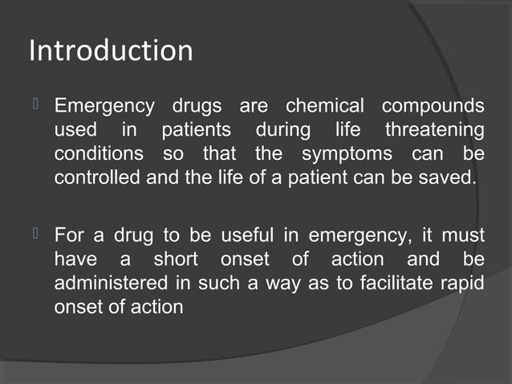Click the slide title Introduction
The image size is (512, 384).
point(111,51)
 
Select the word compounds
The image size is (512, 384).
point(433,107)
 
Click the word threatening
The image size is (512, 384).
point(434,130)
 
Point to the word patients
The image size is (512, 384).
point(196,130)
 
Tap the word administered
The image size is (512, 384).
point(112,283)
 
